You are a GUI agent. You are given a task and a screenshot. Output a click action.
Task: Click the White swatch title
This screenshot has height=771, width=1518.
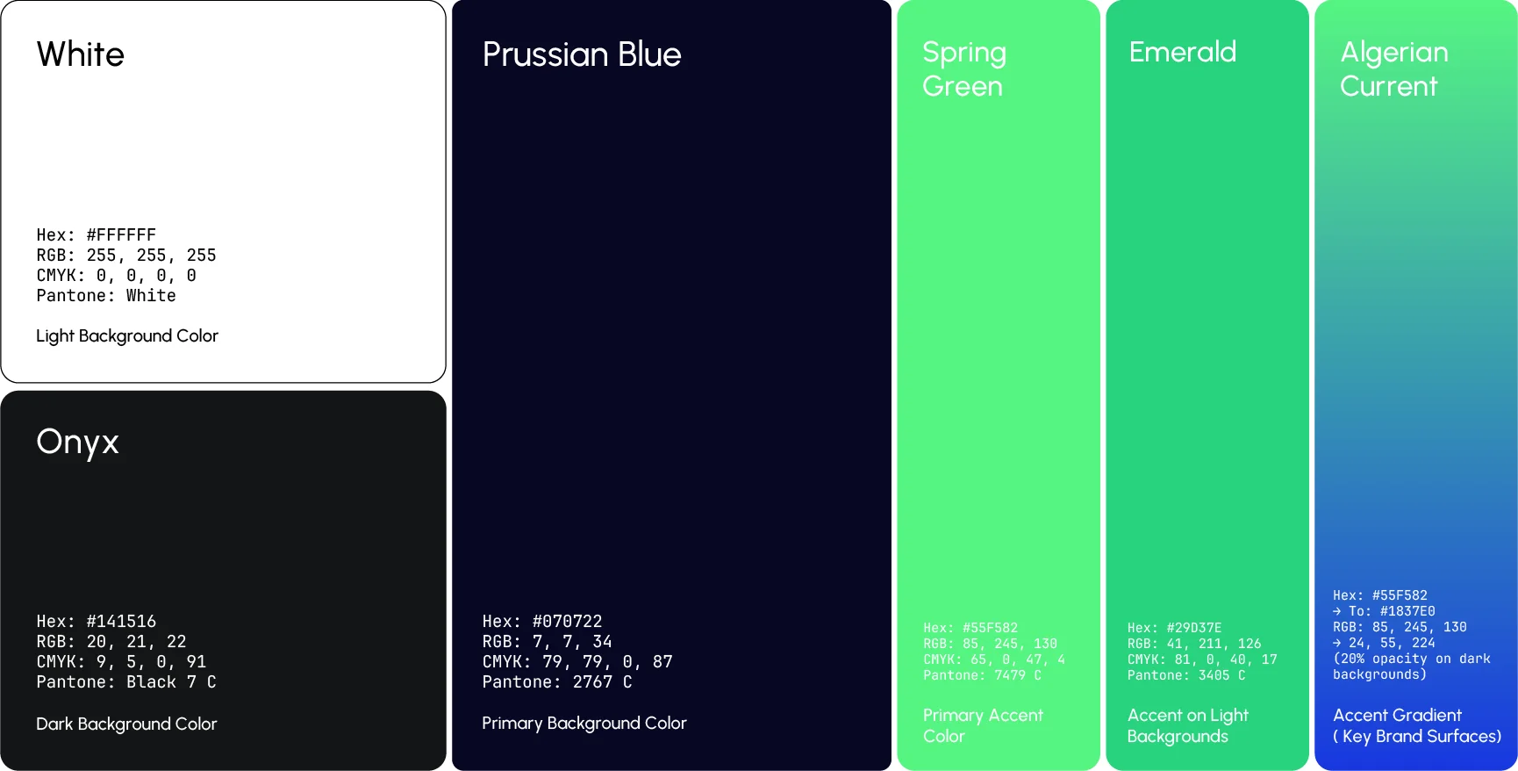(81, 54)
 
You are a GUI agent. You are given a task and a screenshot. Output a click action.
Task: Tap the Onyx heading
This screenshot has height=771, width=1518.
(77, 442)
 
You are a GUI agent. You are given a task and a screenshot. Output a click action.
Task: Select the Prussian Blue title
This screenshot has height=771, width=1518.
(582, 54)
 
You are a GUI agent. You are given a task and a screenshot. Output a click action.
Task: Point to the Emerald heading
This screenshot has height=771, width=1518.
(1182, 52)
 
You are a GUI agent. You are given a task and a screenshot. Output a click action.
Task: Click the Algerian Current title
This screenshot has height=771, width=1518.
(1393, 68)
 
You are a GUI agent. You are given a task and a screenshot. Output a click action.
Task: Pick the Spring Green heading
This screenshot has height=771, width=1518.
(963, 68)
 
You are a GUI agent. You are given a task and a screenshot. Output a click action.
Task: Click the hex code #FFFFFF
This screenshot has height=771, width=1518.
(120, 234)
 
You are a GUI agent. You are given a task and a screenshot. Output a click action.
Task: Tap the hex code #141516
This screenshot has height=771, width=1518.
(120, 621)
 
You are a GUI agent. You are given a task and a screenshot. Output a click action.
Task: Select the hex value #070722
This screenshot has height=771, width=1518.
(567, 621)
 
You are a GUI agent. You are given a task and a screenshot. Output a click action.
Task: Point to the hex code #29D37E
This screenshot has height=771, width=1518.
(1193, 628)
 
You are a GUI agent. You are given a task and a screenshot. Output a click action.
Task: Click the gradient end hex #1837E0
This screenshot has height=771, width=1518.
(1407, 611)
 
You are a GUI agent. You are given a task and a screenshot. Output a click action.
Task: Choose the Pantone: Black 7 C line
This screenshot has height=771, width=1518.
(126, 681)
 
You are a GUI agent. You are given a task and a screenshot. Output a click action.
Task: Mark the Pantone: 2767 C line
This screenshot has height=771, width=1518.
(557, 681)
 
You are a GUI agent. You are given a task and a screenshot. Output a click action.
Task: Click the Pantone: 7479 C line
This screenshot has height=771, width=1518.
(982, 675)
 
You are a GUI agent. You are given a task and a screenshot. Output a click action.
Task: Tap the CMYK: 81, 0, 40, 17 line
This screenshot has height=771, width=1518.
(1202, 659)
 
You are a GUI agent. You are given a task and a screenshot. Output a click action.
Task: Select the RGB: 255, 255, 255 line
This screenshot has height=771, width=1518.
(126, 255)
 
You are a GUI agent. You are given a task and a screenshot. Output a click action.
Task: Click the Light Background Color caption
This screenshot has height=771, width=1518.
(127, 335)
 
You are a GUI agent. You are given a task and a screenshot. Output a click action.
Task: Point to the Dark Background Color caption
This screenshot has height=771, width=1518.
(126, 724)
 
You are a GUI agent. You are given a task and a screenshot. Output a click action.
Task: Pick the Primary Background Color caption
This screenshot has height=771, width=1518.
(584, 723)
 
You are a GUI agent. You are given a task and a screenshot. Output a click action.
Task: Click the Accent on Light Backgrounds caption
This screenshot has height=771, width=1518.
(1187, 725)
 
